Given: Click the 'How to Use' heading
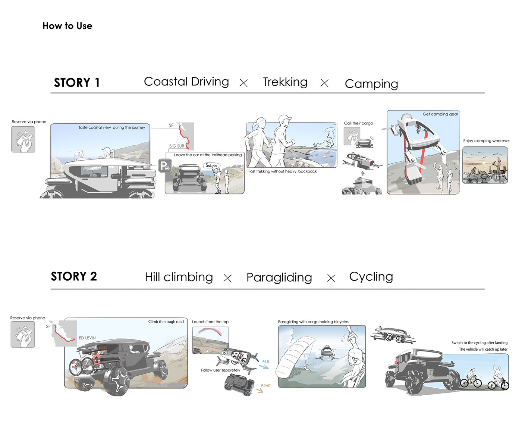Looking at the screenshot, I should [67, 26].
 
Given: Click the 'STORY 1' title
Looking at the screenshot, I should [77, 82].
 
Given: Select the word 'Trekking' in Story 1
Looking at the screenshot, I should [285, 82].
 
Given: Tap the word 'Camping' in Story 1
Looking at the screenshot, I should [371, 83].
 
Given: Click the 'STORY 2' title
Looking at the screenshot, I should [74, 276].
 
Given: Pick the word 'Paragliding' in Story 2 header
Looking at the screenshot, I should [279, 277].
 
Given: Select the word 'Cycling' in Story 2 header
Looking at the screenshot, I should [371, 277].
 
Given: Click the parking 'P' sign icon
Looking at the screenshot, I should [164, 165].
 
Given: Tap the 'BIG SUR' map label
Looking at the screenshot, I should [177, 146].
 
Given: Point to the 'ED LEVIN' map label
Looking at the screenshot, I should [87, 338].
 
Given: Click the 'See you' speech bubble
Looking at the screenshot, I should [211, 165].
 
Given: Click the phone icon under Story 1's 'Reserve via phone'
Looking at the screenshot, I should [23, 139].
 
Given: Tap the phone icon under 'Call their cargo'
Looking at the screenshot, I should [352, 136].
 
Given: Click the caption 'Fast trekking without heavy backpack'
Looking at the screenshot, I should [282, 171].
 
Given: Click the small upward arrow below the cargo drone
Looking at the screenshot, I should [362, 173].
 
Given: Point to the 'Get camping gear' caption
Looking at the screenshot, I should [440, 114].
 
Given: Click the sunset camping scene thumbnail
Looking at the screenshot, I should [485, 165].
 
